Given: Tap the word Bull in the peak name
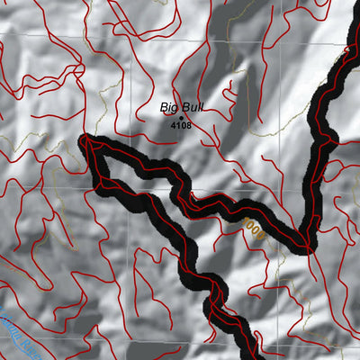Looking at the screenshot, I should coord(192,107).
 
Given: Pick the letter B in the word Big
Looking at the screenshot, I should coord(164,107).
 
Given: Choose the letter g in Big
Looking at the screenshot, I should coord(175,108).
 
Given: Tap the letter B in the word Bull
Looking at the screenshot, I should coord(184,107).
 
